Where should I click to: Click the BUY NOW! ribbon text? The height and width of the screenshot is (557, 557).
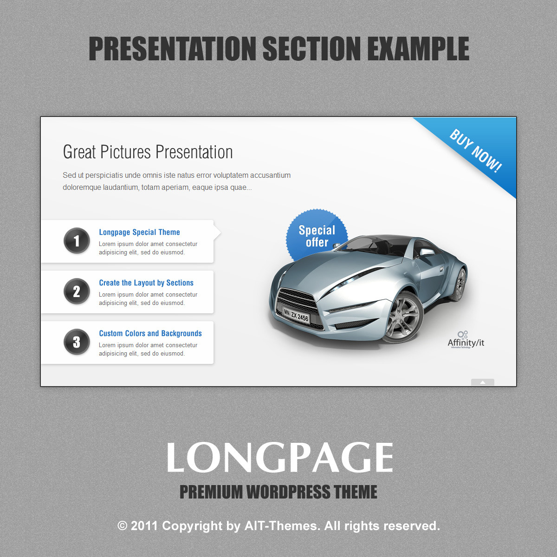click(x=475, y=150)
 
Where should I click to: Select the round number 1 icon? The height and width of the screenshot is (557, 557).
click(x=77, y=241)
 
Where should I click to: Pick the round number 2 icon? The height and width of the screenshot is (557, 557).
click(x=77, y=291)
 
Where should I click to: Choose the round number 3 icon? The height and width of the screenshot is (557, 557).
click(x=77, y=342)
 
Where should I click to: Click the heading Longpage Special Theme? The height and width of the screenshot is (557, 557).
click(x=139, y=232)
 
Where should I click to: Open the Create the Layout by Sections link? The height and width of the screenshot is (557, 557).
click(x=146, y=283)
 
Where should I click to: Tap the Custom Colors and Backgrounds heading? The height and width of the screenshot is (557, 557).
click(x=150, y=333)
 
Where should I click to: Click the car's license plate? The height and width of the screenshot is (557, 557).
click(x=296, y=316)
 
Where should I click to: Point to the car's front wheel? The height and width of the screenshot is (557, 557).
click(x=403, y=317)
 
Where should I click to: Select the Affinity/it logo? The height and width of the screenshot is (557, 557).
click(x=466, y=340)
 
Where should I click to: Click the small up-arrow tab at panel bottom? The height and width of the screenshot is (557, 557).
click(x=482, y=382)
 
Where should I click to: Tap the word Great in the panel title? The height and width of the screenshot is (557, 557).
click(x=79, y=152)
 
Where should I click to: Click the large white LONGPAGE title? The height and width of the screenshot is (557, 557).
click(x=279, y=457)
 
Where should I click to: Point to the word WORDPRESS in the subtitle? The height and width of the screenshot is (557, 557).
click(x=288, y=492)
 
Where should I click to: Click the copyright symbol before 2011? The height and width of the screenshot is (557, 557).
click(x=122, y=526)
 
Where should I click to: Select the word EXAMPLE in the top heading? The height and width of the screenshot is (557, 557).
click(x=418, y=48)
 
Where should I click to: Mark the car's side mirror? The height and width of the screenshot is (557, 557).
click(x=427, y=252)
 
